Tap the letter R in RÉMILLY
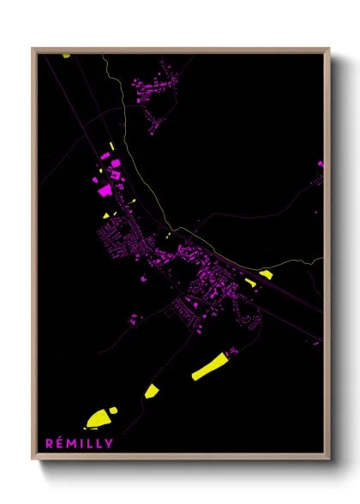[x=49, y=442]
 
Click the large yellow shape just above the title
[x=99, y=417]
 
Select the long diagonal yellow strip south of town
[x=210, y=366]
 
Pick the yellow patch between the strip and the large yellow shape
[x=152, y=391]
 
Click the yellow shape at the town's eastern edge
[x=266, y=274]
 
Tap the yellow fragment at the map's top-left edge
[x=65, y=56]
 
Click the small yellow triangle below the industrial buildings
[x=105, y=216]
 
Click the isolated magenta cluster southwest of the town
[x=135, y=319]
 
